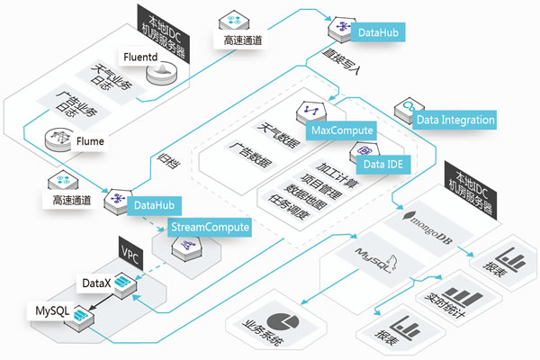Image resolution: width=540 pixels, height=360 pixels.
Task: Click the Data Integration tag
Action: (455, 119)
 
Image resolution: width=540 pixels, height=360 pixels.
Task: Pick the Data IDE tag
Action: (382, 164)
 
